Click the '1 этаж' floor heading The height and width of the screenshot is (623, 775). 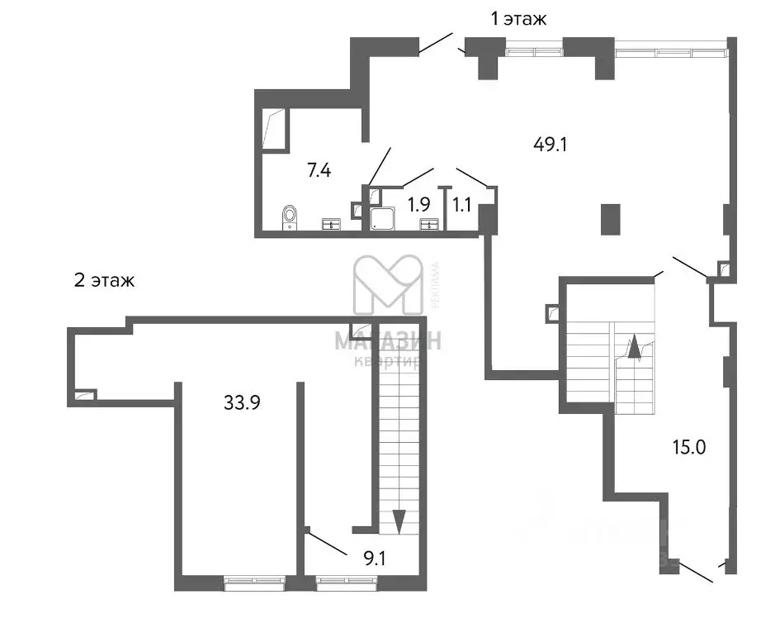tap(518, 19)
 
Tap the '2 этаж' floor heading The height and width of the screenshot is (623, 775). tap(104, 280)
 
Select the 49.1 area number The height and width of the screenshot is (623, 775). tap(552, 144)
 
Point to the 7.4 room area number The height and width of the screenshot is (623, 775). tap(319, 171)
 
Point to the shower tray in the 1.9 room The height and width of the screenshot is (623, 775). tap(382, 219)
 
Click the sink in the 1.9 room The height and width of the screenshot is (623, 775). tap(429, 223)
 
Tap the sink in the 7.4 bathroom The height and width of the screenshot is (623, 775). tap(331, 223)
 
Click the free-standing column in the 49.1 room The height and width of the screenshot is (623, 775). tap(610, 220)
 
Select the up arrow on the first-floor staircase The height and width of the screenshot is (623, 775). tap(634, 346)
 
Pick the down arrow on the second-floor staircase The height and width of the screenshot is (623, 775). tap(399, 521)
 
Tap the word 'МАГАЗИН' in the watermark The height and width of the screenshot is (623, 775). tap(387, 340)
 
